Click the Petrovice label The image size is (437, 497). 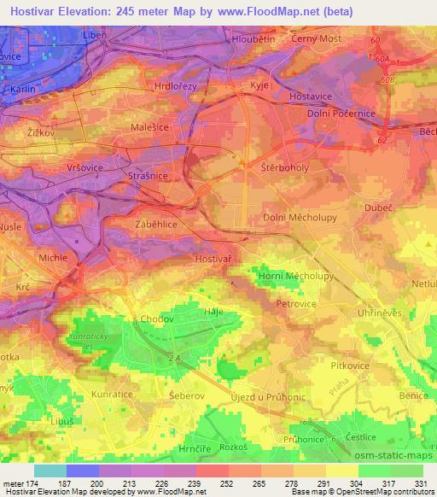[x=296, y=302]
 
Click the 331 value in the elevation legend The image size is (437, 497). [x=423, y=482]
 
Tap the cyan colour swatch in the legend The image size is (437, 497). [x=49, y=471]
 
